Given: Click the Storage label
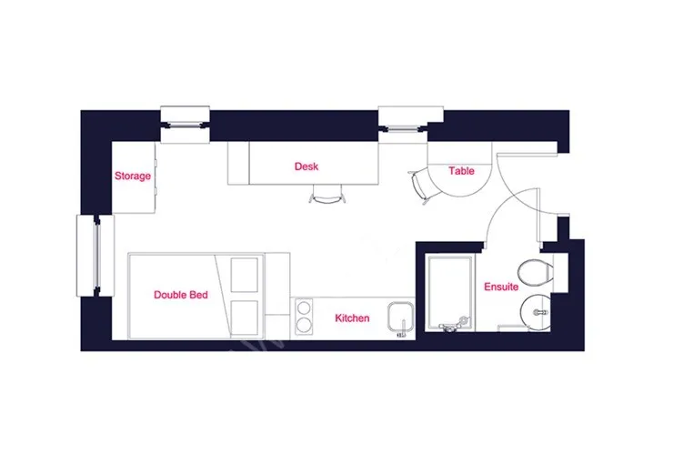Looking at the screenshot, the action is point(133,176).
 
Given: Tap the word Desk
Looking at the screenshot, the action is point(306,166).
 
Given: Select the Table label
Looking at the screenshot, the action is point(461,171).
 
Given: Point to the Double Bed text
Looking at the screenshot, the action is point(181,295).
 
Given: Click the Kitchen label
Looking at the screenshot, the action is point(352,318).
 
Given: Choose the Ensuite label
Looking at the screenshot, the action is point(501,287).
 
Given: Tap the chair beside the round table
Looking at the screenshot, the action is point(420,187).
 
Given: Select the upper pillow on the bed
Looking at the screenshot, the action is point(245,275).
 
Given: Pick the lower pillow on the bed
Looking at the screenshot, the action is point(245,318).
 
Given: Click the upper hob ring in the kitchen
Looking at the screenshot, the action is point(305,308).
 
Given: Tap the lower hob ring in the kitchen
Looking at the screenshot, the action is point(305,325).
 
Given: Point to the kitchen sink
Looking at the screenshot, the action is point(400,318).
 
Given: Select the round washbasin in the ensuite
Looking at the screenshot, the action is point(536,312).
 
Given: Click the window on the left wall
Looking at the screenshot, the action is point(95,256).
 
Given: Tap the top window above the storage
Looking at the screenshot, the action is point(185,125).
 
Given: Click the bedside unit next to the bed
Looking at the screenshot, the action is point(277,297).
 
